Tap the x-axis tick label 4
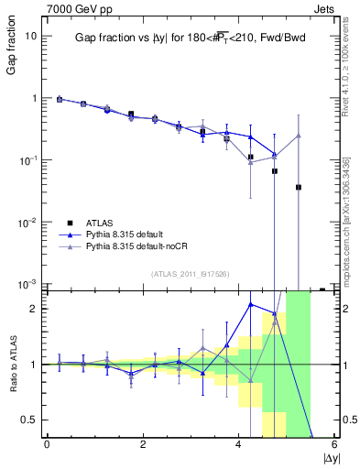[x=239, y=444]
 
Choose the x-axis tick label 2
[x=143, y=444]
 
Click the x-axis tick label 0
[x=47, y=444]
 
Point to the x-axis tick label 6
[x=334, y=444]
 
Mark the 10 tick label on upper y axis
[x=31, y=36]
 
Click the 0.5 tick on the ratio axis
[x=28, y=420]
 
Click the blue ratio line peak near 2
[x=251, y=303]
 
